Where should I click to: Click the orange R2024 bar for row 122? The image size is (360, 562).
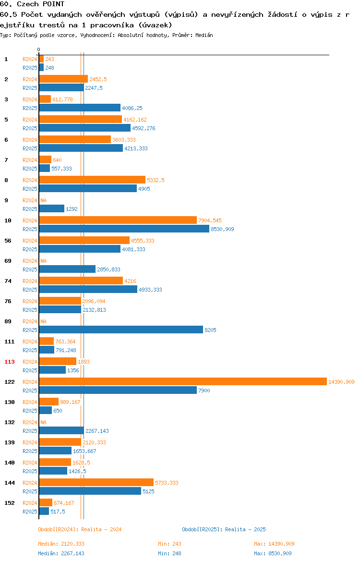pyautogui.click(x=183, y=381)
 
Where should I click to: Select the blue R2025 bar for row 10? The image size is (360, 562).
pyautogui.click(x=124, y=229)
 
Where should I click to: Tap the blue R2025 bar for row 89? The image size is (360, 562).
pyautogui.click(x=121, y=330)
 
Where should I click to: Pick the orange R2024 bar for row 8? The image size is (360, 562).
pyautogui.click(x=93, y=180)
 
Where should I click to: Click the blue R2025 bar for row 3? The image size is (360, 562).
pyautogui.click(x=80, y=108)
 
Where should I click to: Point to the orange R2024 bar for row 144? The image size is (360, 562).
pyautogui.click(x=96, y=482)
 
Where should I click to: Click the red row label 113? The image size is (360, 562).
pyautogui.click(x=9, y=362)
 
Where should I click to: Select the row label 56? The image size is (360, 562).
pyautogui.click(x=8, y=241)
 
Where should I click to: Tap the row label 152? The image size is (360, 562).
pyautogui.click(x=9, y=503)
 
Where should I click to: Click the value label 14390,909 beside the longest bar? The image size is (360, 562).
pyautogui.click(x=341, y=382)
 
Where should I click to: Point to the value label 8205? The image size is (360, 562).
pyautogui.click(x=210, y=330)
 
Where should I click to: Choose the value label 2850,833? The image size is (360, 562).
pyautogui.click(x=108, y=269)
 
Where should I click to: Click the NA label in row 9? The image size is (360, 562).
pyautogui.click(x=43, y=200)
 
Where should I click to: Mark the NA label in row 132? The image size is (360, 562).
pyautogui.click(x=43, y=422)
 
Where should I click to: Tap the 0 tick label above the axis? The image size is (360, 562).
pyautogui.click(x=39, y=50)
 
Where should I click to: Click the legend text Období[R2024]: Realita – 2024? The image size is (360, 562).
pyautogui.click(x=80, y=529)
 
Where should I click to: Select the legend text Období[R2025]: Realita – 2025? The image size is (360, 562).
pyautogui.click(x=224, y=529)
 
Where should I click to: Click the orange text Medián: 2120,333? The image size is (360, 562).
pyautogui.click(x=61, y=544)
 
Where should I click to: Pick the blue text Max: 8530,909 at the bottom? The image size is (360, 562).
pyautogui.click(x=273, y=553)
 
